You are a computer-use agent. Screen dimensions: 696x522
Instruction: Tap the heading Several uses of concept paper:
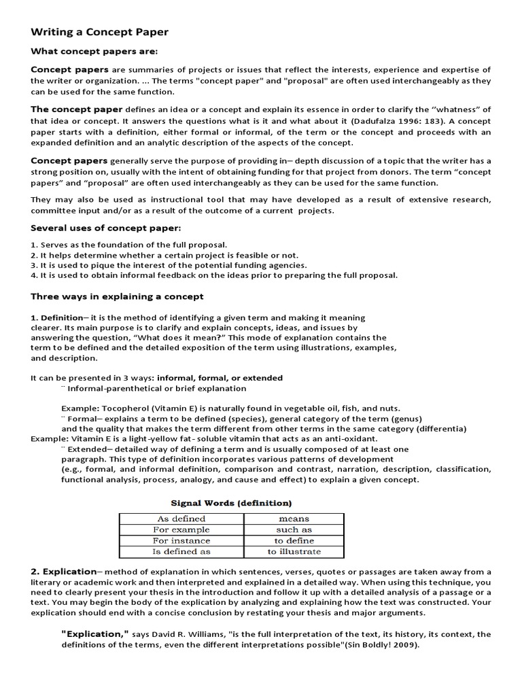coord(106,228)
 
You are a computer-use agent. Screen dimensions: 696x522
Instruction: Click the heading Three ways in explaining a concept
coord(117,296)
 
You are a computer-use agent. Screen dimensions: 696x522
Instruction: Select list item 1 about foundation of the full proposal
coord(129,245)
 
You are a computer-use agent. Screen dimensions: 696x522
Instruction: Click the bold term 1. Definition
coord(56,317)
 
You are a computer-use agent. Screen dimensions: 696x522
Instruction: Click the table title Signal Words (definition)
coord(231,503)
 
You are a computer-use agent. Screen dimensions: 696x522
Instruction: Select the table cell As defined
coord(181,519)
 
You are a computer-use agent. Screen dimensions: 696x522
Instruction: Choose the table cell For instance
coord(181,540)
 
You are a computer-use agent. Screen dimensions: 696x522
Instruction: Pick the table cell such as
coord(294,529)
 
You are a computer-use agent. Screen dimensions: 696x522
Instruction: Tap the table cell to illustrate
coord(294,551)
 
